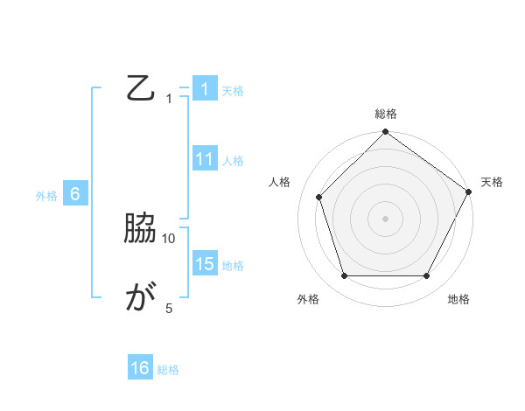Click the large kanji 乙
pos(141,88)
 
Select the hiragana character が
pos(141,298)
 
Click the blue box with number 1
pos(204,89)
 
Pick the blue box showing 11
pos(204,159)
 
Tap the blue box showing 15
pos(204,264)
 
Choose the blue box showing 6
pos(75,194)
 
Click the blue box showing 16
pos(140,368)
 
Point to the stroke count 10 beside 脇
pos(169,238)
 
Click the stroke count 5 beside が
pos(169,308)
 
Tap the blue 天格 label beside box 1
pos(233,90)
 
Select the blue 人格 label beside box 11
pos(233,160)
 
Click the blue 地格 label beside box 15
pos(233,265)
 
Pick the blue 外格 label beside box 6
pos(46,196)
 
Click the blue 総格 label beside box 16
pos(169,370)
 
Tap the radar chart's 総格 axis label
pos(386,114)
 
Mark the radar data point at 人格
pos(319,197)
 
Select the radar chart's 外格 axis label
pos(308,300)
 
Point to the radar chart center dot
pos(386,218)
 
